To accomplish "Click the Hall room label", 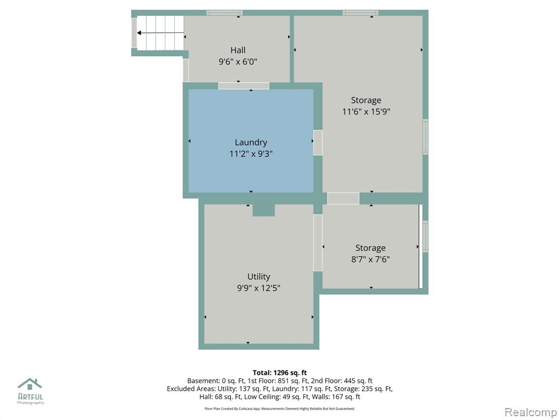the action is (238, 50).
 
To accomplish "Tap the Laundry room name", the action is (251, 143).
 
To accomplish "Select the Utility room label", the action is (259, 276).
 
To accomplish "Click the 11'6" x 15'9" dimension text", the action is (366, 112).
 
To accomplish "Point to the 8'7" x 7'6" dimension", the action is (371, 259).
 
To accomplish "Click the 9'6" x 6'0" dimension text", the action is (238, 62).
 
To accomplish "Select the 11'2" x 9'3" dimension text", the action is (251, 154).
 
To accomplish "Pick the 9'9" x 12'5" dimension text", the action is (259, 288).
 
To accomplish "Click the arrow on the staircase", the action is (160, 33).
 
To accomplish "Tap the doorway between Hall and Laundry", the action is (243, 86).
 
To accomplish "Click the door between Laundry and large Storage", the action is (318, 143).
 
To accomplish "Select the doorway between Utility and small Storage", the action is (318, 242).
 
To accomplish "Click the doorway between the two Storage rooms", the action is (343, 198).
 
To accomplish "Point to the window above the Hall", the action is (224, 13).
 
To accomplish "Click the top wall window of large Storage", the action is (360, 13).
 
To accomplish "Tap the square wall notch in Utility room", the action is (264, 210).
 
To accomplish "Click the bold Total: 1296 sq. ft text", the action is (280, 373).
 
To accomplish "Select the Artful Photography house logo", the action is (30, 384).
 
